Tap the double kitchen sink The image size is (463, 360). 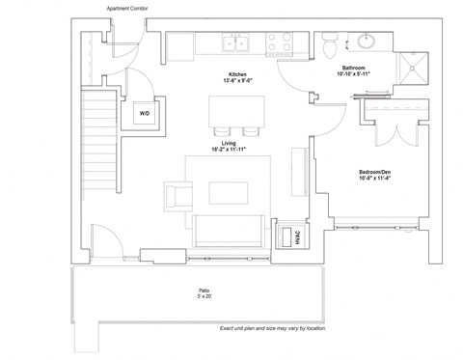236,42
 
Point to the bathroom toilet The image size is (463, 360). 329,42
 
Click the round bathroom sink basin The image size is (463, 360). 368,42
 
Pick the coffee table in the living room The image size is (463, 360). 229,194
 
